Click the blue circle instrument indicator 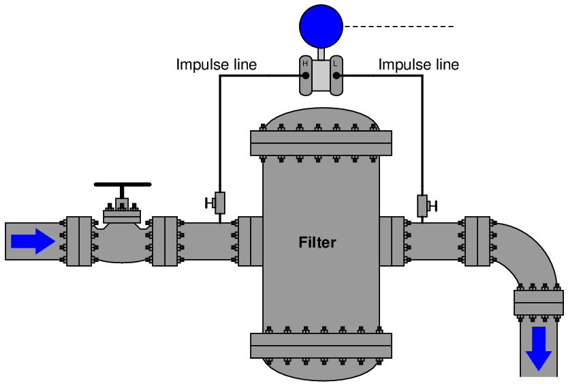321,26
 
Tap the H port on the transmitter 306,74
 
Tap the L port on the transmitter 336,74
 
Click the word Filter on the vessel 317,242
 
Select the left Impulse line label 217,65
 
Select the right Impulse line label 419,65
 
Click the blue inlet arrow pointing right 33,241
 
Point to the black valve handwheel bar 123,184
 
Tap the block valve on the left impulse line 219,203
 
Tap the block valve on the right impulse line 422,205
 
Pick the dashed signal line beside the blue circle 398,27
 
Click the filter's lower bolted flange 321,345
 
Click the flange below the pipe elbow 539,302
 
